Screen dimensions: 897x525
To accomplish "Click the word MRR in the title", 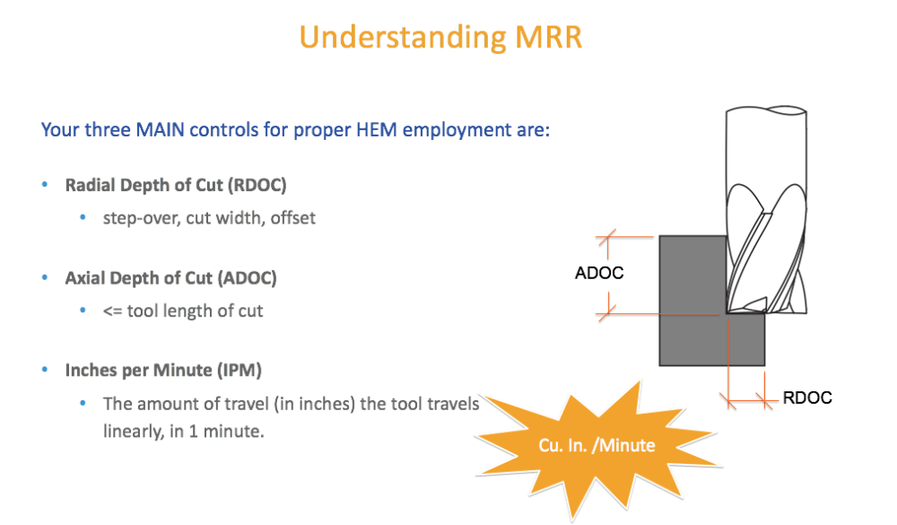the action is click(x=548, y=37).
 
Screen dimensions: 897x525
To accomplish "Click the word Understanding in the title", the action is click(x=403, y=39).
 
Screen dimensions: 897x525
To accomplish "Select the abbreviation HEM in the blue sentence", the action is click(x=377, y=130).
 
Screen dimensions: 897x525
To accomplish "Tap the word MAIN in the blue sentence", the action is click(x=160, y=130).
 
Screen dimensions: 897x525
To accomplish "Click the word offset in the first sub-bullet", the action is click(x=293, y=218).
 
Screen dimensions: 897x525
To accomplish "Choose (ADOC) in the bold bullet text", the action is click(x=248, y=278).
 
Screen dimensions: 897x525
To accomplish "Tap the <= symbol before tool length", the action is click(x=112, y=311).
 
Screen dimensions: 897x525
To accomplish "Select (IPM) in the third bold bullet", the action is click(x=239, y=371).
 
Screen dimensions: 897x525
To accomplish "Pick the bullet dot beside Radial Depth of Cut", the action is click(x=45, y=184).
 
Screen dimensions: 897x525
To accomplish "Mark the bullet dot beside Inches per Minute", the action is click(x=45, y=369).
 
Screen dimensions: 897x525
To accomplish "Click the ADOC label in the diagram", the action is click(x=599, y=273).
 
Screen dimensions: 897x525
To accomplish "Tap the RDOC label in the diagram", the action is click(x=807, y=398).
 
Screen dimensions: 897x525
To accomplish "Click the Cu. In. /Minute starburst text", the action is click(x=597, y=445).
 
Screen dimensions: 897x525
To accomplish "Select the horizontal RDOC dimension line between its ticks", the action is click(x=746, y=399).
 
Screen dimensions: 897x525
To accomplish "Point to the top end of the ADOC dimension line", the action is click(x=608, y=236).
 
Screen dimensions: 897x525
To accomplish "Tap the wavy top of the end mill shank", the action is click(x=767, y=109).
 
